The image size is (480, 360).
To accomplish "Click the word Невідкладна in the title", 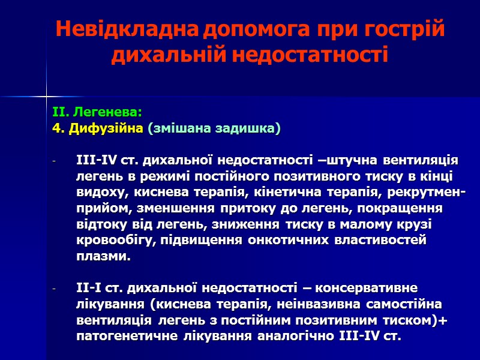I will point(127,29).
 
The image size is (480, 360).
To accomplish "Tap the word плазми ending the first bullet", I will point(101,257).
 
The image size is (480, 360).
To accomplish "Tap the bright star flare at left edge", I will point(46,95).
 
